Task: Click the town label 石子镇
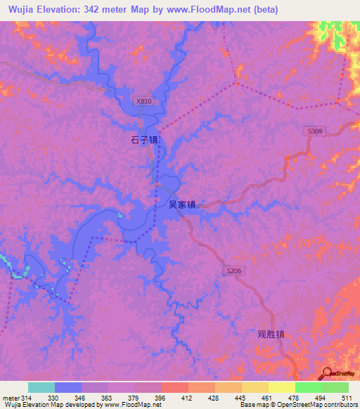point(144,140)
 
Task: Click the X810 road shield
point(143,101)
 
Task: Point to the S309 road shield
point(314,131)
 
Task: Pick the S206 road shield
point(234,271)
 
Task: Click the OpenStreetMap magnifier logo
point(328,373)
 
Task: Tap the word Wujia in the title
point(21,10)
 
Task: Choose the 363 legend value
point(105,398)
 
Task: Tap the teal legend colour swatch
point(41,387)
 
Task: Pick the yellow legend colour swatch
point(281,387)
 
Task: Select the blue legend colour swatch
point(68,387)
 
